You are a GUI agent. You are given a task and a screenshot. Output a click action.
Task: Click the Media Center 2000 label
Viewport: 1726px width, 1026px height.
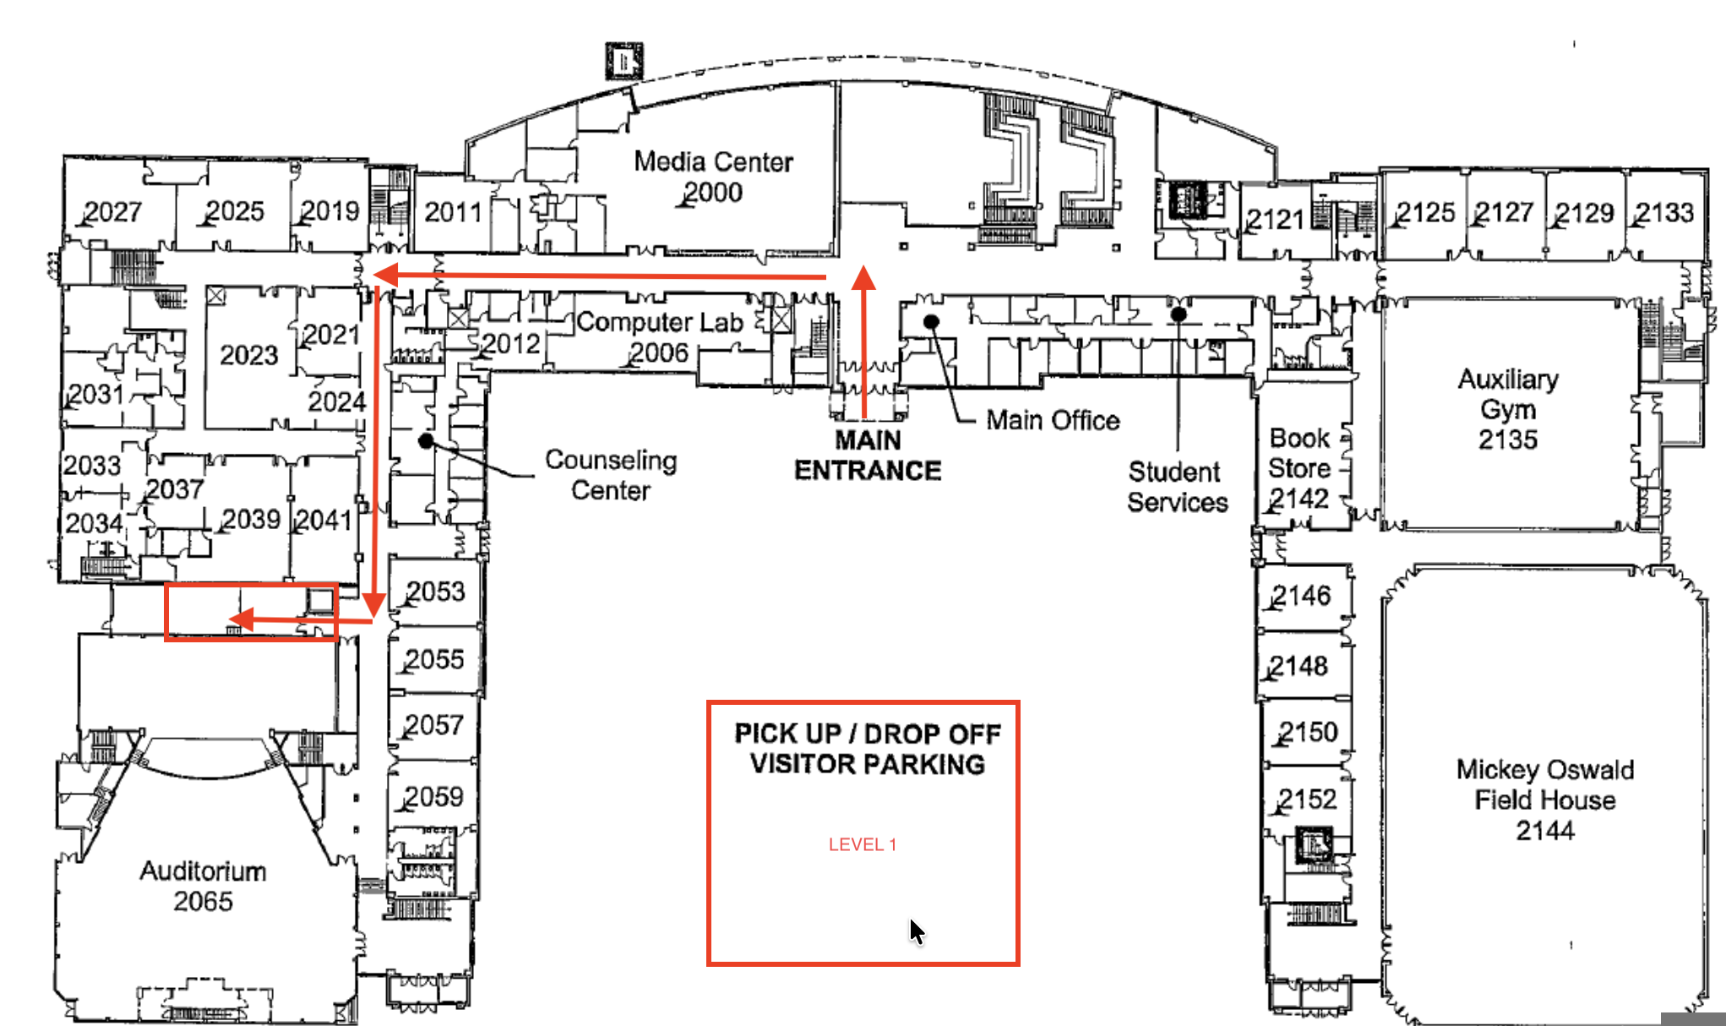tap(713, 177)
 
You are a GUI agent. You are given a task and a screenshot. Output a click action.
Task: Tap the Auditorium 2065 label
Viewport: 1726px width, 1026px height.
tap(203, 886)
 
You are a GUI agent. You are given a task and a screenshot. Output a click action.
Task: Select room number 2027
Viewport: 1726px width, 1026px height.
tap(112, 211)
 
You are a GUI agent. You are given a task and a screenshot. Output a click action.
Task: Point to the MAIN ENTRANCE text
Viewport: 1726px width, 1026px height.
tap(868, 455)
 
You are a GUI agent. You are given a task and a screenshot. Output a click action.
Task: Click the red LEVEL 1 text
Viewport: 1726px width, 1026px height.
tap(863, 844)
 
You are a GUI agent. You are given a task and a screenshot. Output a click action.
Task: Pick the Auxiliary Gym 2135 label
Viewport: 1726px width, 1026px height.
tap(1508, 409)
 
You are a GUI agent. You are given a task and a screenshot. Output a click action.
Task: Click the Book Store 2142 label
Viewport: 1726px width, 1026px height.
tap(1299, 468)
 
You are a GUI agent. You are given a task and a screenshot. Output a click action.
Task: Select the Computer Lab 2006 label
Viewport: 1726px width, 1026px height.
tap(659, 336)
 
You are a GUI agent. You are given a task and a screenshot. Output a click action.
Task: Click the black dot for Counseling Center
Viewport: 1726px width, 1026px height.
tap(426, 440)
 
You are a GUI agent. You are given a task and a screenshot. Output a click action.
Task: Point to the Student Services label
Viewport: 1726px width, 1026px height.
tap(1177, 487)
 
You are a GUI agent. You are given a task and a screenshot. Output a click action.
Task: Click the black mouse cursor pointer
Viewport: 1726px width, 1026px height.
tap(917, 930)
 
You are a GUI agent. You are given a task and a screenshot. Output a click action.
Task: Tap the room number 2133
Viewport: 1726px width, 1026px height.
tap(1664, 212)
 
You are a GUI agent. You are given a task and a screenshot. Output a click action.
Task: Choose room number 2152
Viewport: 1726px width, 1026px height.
tap(1307, 799)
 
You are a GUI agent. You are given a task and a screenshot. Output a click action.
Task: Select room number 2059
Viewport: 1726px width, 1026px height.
tap(433, 796)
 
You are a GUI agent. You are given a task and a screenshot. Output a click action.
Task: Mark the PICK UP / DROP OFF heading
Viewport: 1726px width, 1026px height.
tap(868, 734)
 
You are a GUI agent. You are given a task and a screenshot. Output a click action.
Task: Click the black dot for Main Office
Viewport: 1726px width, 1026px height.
tap(931, 321)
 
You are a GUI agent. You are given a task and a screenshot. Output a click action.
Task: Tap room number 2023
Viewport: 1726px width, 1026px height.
tap(249, 354)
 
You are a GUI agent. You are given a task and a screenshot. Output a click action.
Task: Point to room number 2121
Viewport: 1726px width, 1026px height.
tap(1277, 220)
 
